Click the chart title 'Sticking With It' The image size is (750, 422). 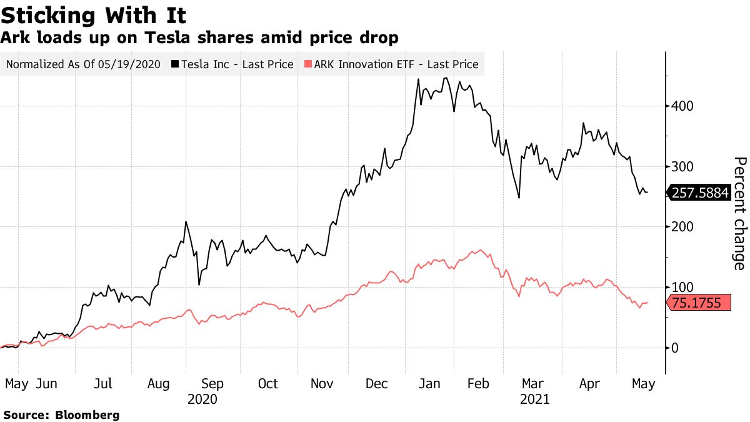tap(93, 14)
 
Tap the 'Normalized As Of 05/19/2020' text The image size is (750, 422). tap(83, 64)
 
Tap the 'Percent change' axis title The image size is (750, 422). tap(739, 213)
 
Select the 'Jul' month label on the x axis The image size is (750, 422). tap(103, 383)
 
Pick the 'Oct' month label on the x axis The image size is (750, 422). tap(268, 383)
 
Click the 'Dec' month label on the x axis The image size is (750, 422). tap(377, 383)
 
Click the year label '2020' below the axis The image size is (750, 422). tap(202, 399)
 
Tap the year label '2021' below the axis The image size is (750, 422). tap(534, 399)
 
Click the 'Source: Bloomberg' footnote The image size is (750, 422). tap(61, 414)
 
